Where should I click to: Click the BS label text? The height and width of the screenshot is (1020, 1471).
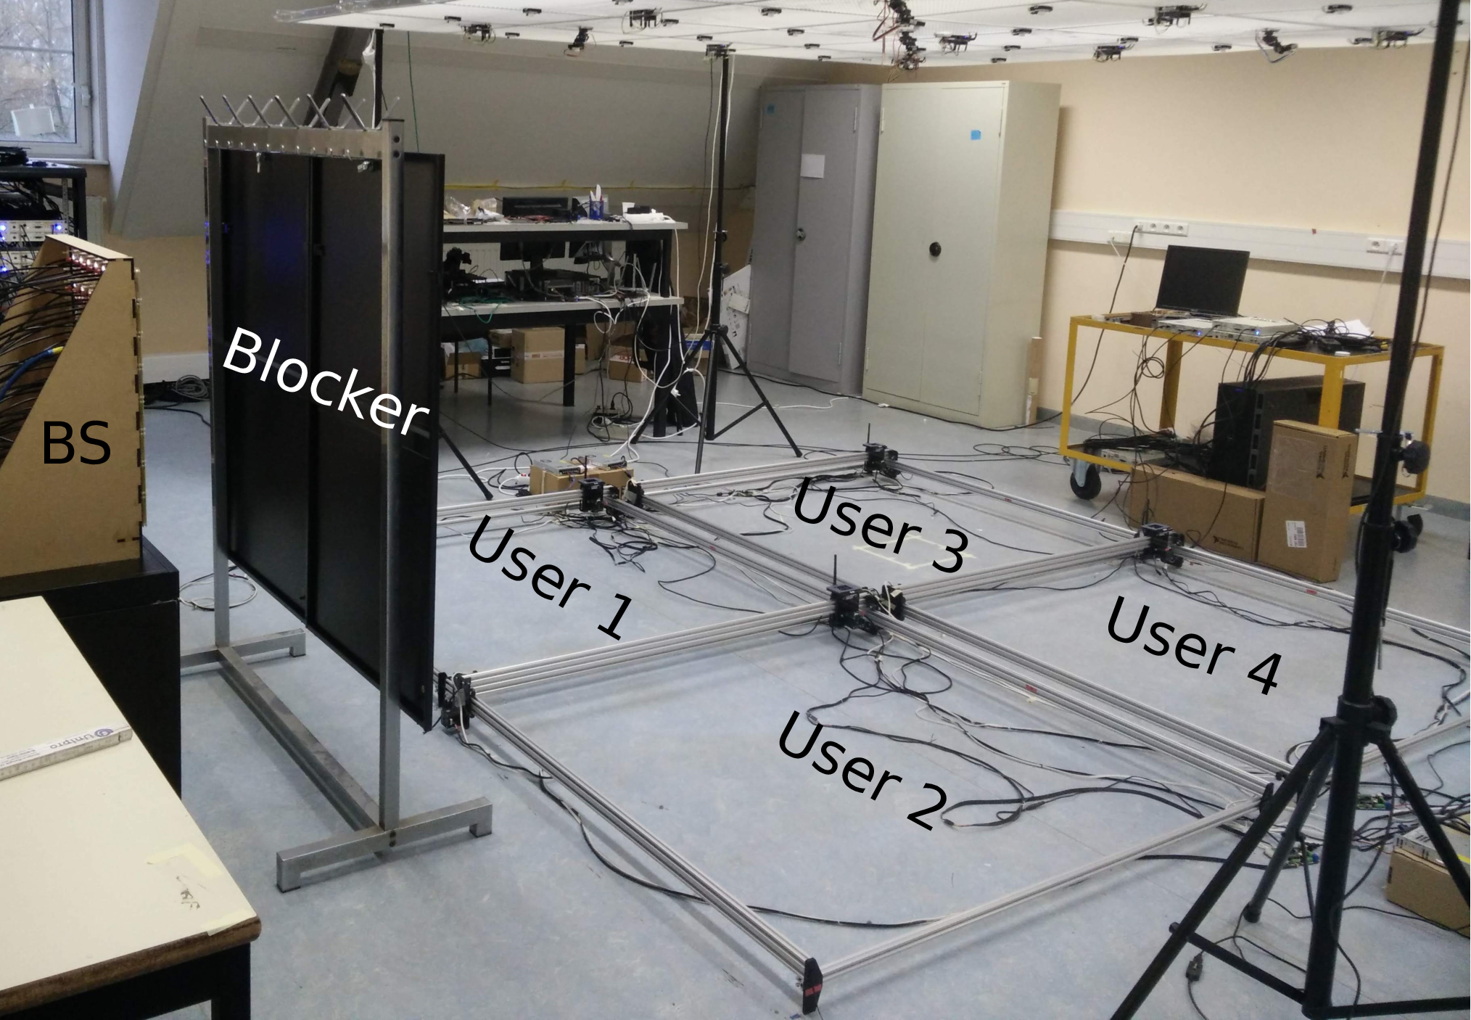coord(76,444)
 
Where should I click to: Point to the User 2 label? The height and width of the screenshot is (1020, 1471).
coord(862,770)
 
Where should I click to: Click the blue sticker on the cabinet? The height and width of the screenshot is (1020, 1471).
coord(974,135)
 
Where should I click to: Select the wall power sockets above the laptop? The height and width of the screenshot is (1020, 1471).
coord(1161,228)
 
